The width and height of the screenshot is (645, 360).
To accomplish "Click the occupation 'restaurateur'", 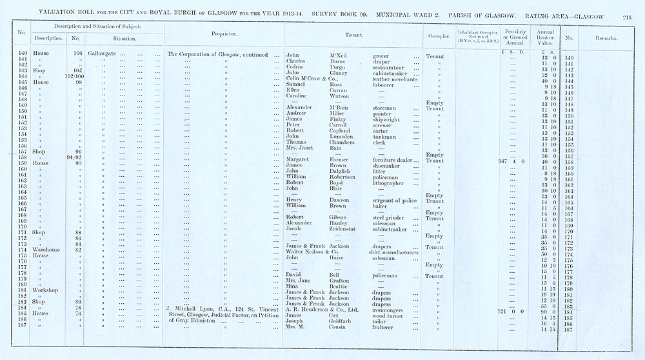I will pyautogui.click(x=393, y=67).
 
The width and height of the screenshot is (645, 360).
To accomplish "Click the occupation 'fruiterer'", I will pyautogui.click(x=386, y=327).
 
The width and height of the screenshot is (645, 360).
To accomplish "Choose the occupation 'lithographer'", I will pyautogui.click(x=393, y=183).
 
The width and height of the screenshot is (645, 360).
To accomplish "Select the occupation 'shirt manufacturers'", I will pyautogui.click(x=396, y=253).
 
